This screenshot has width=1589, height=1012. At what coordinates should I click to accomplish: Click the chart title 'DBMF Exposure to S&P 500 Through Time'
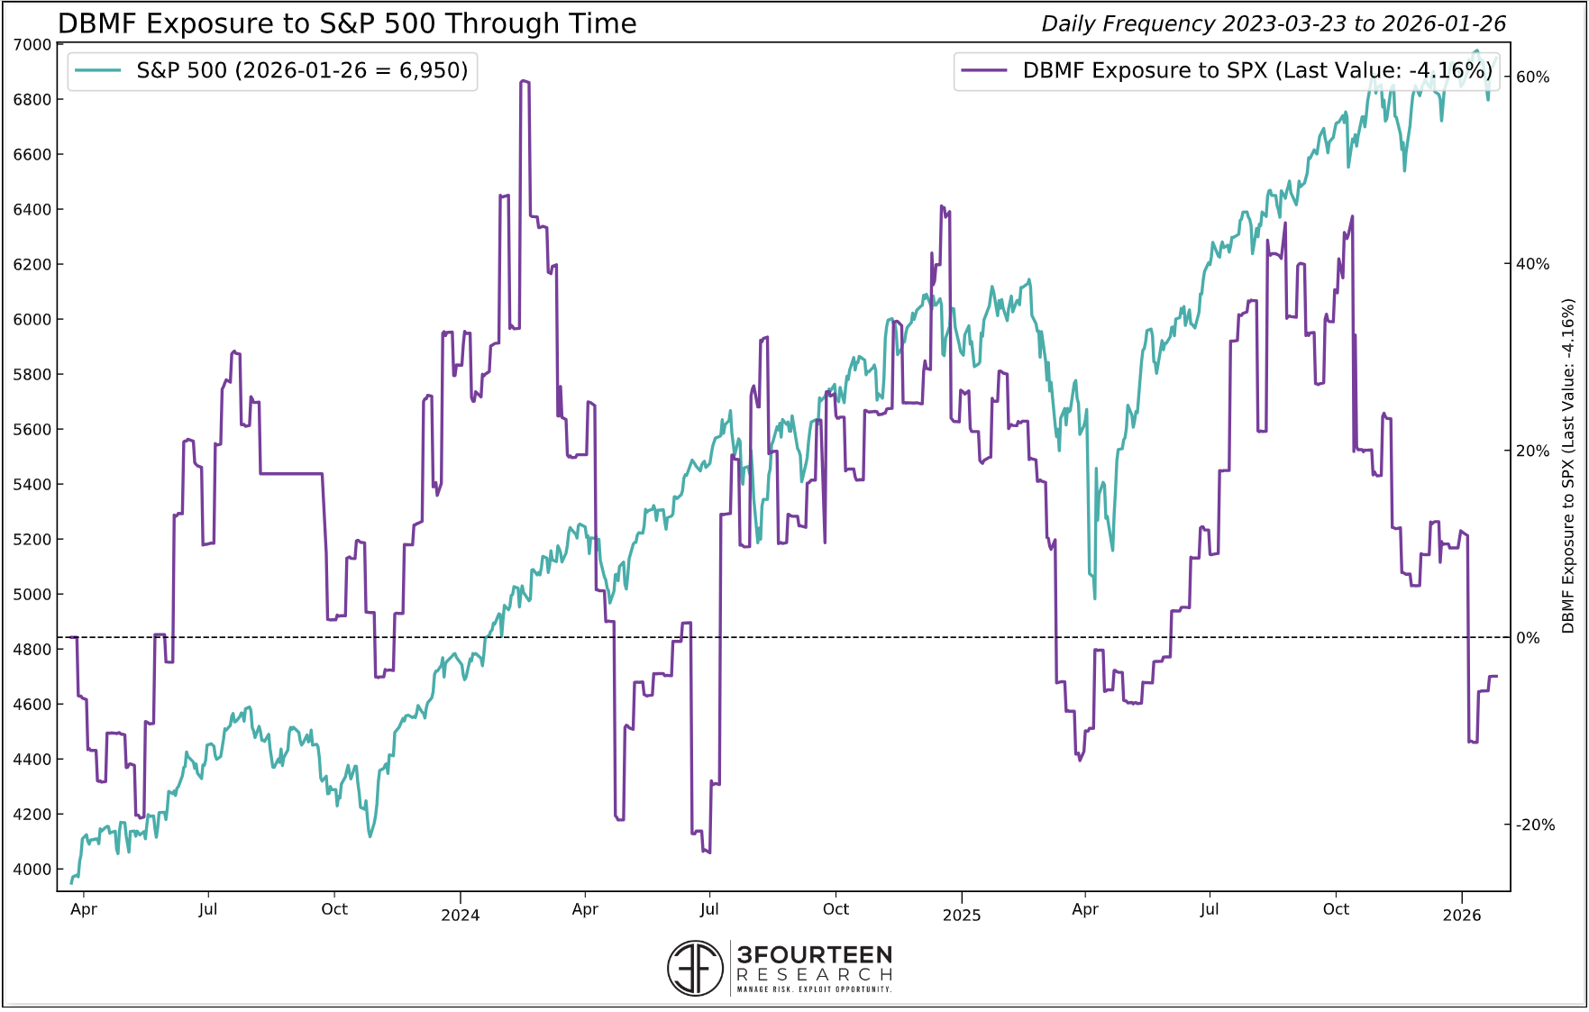click(347, 23)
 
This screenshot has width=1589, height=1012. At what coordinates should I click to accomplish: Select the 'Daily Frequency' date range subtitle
click(1273, 24)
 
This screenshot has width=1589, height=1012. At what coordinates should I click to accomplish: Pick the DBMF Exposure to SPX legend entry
click(1227, 70)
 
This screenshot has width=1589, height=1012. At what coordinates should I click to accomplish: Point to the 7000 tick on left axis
click(32, 44)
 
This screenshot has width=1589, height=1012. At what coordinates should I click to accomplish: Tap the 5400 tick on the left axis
click(32, 484)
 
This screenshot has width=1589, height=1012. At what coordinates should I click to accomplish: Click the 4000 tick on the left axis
click(32, 869)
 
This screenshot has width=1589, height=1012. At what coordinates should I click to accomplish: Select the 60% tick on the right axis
click(1532, 77)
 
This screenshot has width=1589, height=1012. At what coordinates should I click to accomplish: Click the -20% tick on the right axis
click(1535, 825)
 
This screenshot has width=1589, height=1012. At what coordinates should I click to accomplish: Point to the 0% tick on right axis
click(1529, 638)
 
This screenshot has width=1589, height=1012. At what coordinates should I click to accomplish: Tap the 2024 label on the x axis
click(460, 916)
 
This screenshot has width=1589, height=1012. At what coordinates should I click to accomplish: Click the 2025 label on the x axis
click(961, 916)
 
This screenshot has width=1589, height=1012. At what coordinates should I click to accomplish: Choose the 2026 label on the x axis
click(1461, 916)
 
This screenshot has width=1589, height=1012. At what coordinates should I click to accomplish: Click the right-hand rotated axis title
click(1568, 466)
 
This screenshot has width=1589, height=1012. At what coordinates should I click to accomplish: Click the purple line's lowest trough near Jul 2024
click(708, 852)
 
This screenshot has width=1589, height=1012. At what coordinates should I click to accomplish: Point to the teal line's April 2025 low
click(1094, 597)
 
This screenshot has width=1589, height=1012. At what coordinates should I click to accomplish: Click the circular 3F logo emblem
click(695, 968)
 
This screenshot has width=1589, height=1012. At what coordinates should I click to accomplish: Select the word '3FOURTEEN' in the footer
click(814, 954)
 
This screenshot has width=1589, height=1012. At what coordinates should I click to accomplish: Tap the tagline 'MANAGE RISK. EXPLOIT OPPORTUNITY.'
click(814, 989)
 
